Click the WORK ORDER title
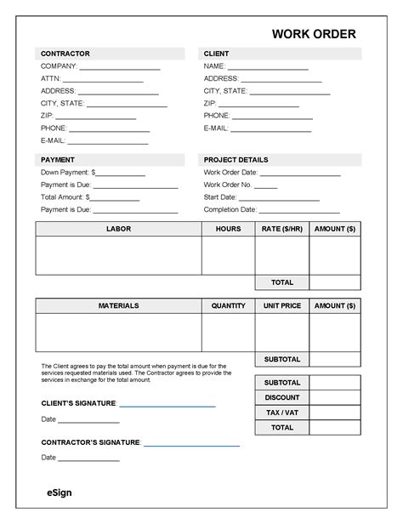pyautogui.click(x=314, y=34)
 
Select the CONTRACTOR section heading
pyautogui.click(x=65, y=54)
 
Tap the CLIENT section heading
pyautogui.click(x=216, y=54)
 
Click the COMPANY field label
pyautogui.click(x=59, y=66)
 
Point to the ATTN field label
pyautogui.click(x=51, y=78)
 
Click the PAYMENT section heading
pyautogui.click(x=58, y=160)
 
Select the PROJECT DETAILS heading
pyautogui.click(x=236, y=160)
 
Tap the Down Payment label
pyautogui.click(x=65, y=172)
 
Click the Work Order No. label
pyautogui.click(x=228, y=185)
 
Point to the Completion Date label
pyautogui.click(x=230, y=209)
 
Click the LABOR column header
pyautogui.click(x=118, y=230)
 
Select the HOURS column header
pyautogui.click(x=228, y=230)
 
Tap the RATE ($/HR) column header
pyautogui.click(x=281, y=230)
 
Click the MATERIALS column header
pyautogui.click(x=118, y=305)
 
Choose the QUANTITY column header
pyautogui.click(x=228, y=305)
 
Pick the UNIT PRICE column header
pyautogui.click(x=281, y=305)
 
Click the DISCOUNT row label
pyautogui.click(x=281, y=397)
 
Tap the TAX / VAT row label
pyautogui.click(x=281, y=413)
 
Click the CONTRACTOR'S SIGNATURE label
pyautogui.click(x=90, y=443)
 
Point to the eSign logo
pyautogui.click(x=60, y=493)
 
